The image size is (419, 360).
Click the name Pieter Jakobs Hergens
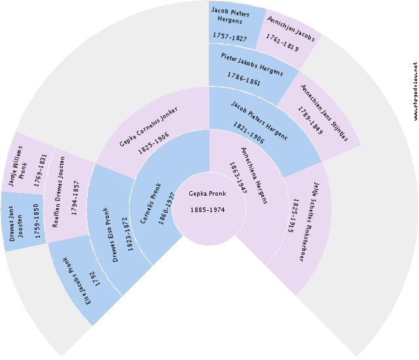click(252, 71)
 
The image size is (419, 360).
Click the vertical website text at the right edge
click(415, 91)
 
